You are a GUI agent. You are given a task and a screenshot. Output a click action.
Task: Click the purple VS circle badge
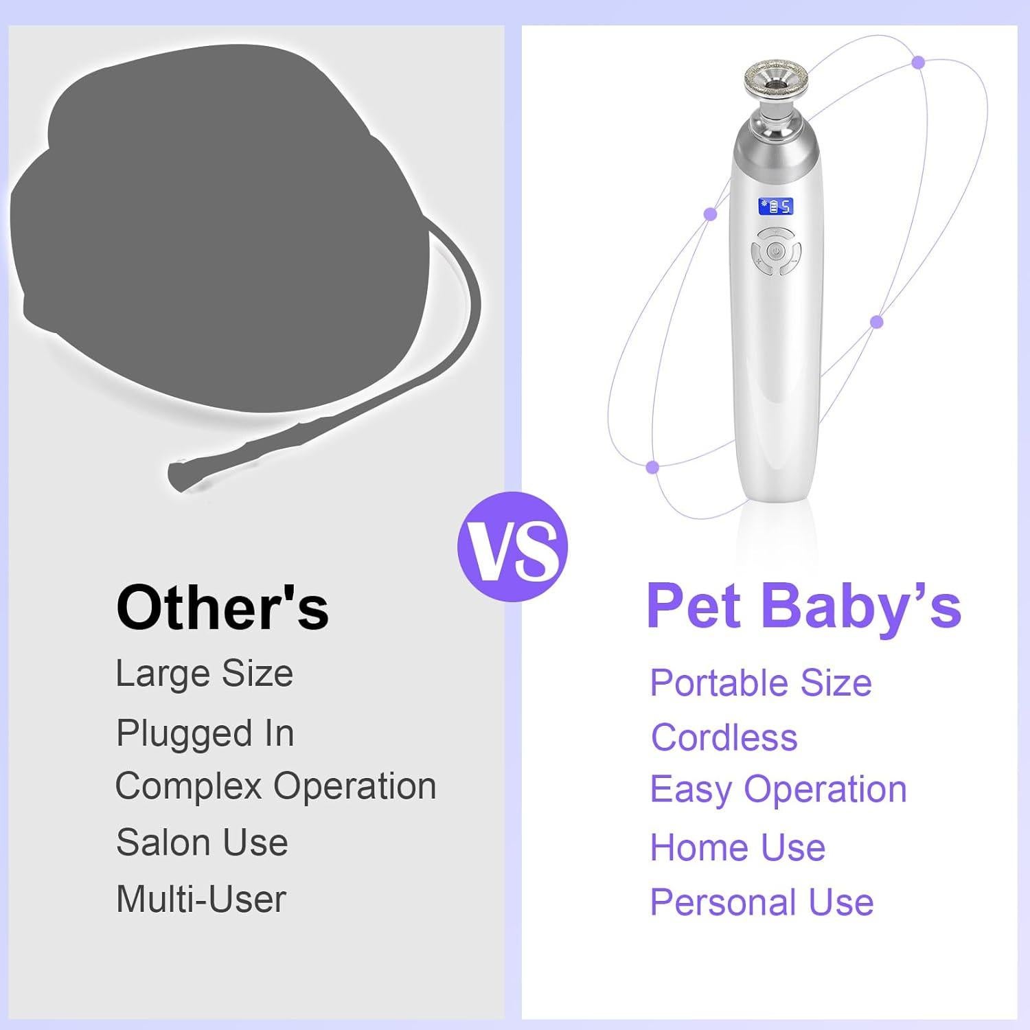[x=512, y=547]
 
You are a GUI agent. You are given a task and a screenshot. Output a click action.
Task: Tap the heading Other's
[x=222, y=608]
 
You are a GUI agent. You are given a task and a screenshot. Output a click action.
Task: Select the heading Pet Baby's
[x=803, y=606]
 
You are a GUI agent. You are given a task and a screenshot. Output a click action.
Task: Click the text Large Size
[x=204, y=673]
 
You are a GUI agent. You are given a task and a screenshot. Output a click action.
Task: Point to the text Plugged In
[x=205, y=733]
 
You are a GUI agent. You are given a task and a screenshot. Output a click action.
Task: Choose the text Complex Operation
[x=275, y=786]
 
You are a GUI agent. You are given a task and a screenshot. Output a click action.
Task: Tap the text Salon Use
[x=202, y=842]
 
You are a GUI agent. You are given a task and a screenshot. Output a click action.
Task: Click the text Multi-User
[x=201, y=899]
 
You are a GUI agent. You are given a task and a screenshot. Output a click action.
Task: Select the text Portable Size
[x=760, y=683]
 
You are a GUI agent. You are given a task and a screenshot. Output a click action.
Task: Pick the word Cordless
[x=724, y=737]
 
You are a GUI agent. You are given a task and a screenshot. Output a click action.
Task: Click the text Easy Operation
[x=778, y=789]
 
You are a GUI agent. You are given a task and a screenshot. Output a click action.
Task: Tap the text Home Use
[x=737, y=847]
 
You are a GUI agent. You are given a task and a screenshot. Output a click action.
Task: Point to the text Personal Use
[x=762, y=902]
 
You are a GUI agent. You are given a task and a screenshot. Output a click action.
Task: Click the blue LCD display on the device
[x=775, y=206]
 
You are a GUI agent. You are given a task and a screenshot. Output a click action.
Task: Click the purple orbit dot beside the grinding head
[x=918, y=62]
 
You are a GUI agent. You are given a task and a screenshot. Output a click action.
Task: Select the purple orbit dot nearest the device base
[x=652, y=467]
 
